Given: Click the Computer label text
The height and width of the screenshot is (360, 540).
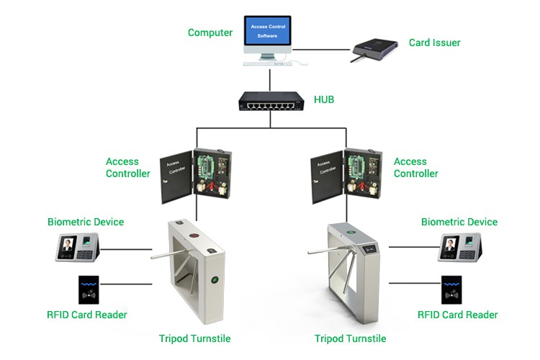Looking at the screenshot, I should pos(210,32).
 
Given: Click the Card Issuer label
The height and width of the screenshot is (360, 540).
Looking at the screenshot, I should pos(434,42).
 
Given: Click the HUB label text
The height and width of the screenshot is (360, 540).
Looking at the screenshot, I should pos(324,99).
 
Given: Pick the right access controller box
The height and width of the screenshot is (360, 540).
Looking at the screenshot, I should pos(345,175).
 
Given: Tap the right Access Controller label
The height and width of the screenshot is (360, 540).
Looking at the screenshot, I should pos(415,168).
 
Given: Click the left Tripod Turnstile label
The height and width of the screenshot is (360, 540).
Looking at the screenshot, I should pos(194,338).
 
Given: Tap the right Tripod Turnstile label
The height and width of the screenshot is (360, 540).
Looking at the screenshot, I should pos(350,338).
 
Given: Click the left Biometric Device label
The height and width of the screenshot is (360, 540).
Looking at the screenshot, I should pos(86,222).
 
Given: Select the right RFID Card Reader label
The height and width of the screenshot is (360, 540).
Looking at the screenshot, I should pos(458,315).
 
